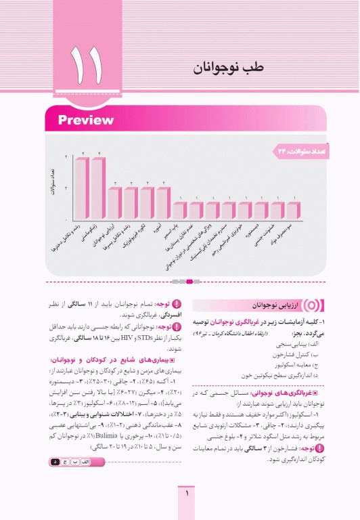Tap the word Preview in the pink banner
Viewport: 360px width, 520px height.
coord(85,121)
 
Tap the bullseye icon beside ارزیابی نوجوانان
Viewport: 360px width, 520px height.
coord(293,306)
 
